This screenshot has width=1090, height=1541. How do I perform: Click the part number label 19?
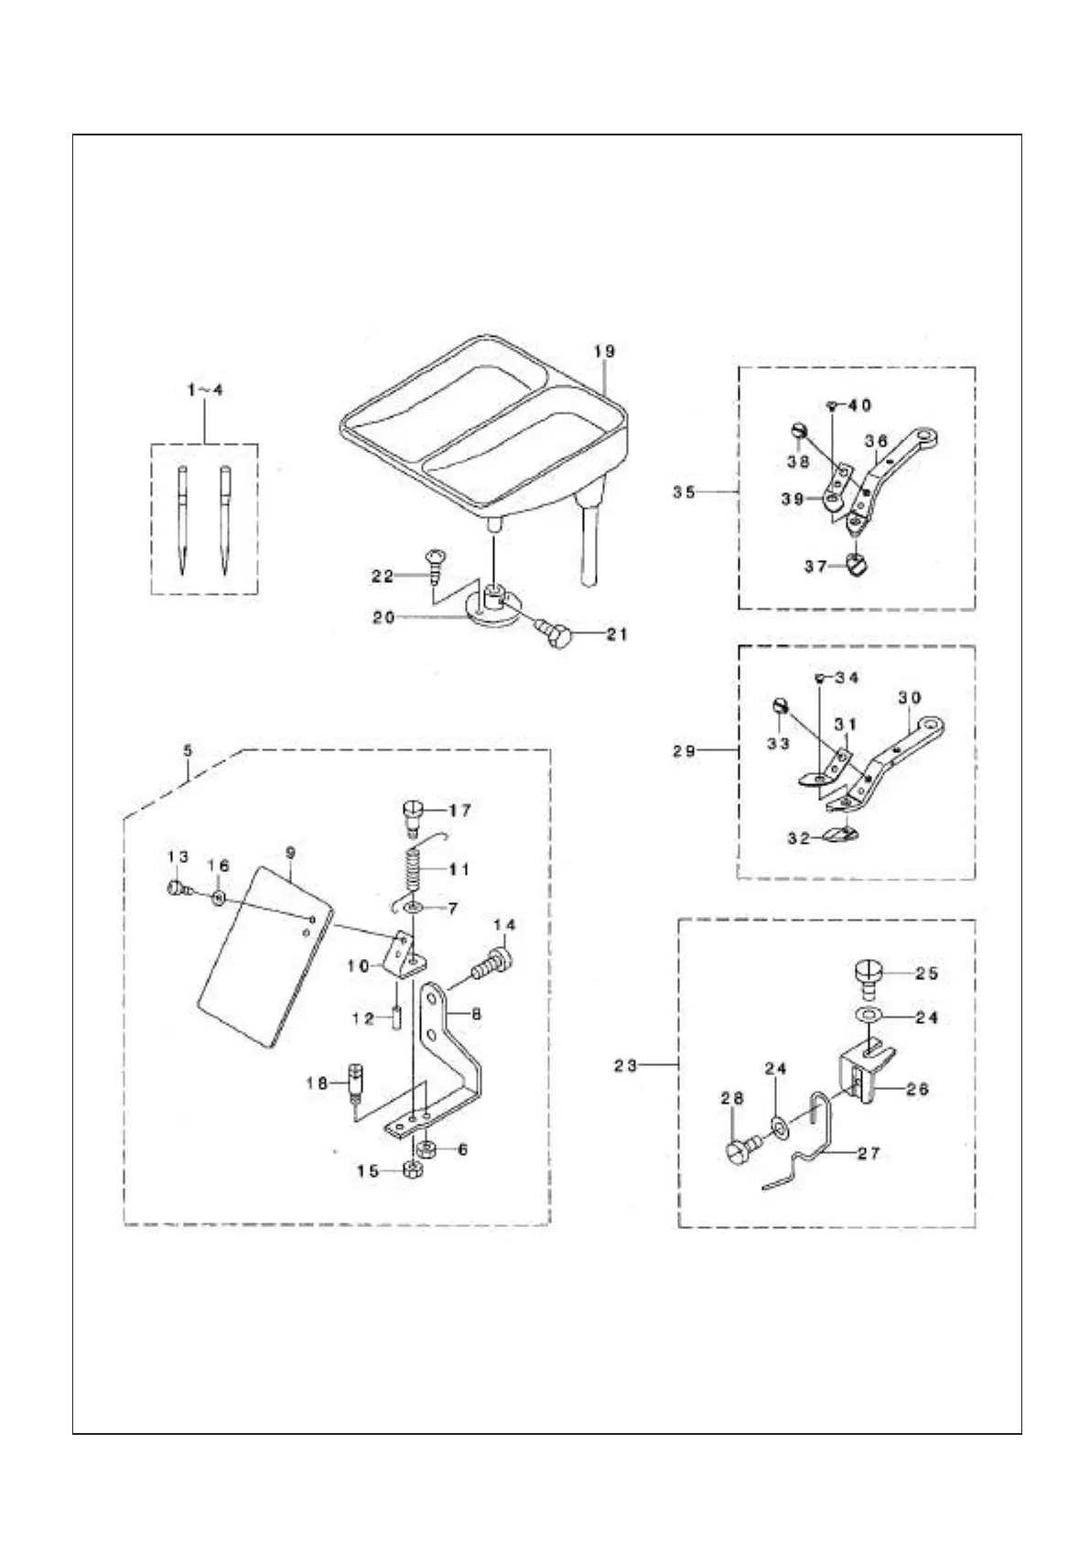click(x=604, y=351)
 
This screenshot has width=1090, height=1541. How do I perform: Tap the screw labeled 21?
click(x=554, y=633)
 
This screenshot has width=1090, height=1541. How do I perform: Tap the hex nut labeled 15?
click(x=411, y=1169)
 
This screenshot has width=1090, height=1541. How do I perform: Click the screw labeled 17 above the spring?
click(x=413, y=814)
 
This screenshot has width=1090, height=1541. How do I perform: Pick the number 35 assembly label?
click(x=685, y=492)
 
